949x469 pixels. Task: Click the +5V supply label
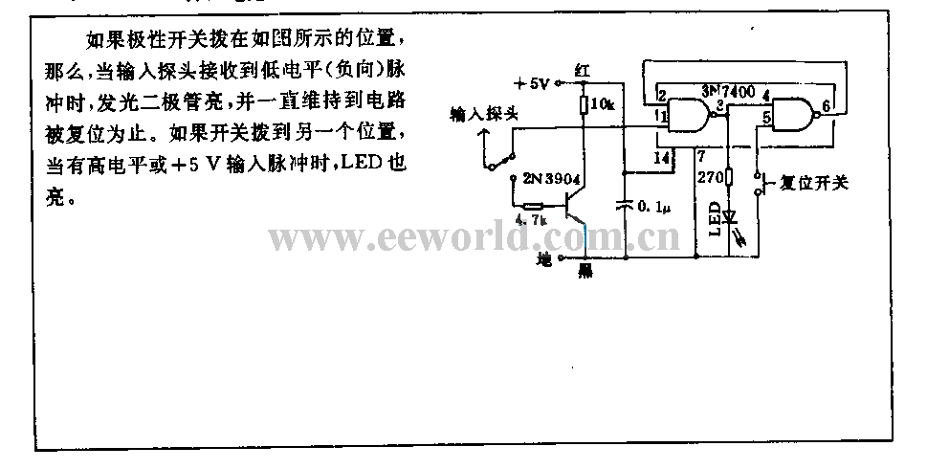pos(532,82)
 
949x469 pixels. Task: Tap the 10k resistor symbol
pos(584,102)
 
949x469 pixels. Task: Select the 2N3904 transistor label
pos(548,178)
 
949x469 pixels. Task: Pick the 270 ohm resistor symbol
pos(729,176)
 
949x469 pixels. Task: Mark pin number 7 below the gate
pos(701,155)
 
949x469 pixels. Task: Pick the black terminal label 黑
pos(585,271)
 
